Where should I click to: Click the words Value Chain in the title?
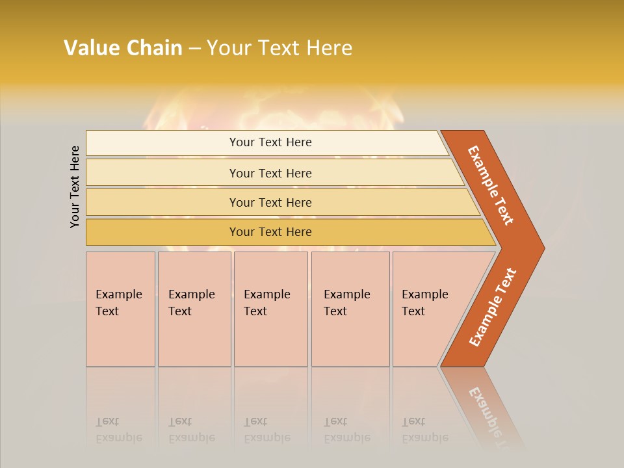[123, 48]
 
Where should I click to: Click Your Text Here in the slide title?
[279, 48]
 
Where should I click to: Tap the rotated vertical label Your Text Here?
[75, 187]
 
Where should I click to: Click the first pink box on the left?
[120, 309]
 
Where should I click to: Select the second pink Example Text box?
[194, 309]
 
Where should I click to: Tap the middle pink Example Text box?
[270, 309]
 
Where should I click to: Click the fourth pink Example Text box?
[350, 309]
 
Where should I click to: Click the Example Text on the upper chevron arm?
[491, 185]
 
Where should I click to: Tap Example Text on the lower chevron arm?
[493, 307]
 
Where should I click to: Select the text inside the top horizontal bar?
[270, 142]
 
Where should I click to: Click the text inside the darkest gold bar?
[270, 232]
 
